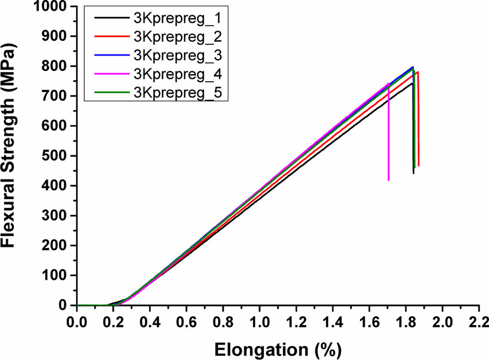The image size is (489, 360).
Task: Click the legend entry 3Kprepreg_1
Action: tap(177, 20)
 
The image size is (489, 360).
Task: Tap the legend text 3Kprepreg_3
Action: tap(177, 55)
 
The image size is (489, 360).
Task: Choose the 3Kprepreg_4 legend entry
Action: tap(177, 74)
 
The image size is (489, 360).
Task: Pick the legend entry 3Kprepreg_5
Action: tap(177, 92)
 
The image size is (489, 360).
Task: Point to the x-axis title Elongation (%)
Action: tap(278, 349)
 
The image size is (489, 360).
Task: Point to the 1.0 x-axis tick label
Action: tap(260, 320)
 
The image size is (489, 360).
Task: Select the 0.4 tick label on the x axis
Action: tap(150, 320)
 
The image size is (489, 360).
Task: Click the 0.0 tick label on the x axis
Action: tap(77, 320)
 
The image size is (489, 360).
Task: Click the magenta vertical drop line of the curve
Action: tap(389, 133)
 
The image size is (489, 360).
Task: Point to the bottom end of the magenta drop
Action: tap(389, 180)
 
